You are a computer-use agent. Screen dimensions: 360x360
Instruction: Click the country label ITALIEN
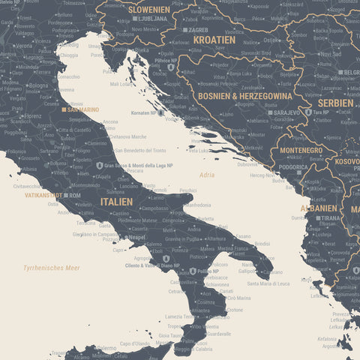tap(116, 202)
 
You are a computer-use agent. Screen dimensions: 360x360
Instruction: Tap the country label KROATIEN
tap(214, 40)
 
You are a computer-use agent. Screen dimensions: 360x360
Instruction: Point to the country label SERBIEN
tap(334, 103)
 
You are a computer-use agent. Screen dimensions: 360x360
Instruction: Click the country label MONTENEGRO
tap(301, 150)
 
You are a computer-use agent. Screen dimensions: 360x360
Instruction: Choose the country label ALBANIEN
tap(319, 208)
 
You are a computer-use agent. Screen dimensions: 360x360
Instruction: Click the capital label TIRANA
tap(328, 217)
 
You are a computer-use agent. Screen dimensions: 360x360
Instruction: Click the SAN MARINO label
tap(83, 109)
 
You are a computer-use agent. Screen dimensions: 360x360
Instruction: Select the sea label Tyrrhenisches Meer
tap(51, 268)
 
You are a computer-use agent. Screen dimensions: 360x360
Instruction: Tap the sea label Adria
tap(207, 175)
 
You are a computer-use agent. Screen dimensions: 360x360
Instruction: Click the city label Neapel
tap(136, 237)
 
